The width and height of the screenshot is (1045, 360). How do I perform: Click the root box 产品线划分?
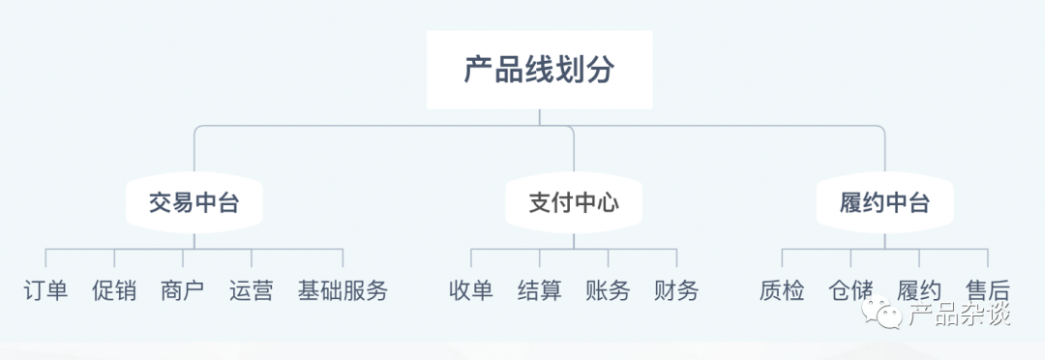pos(539,70)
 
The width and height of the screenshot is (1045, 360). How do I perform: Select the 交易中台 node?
pos(194,203)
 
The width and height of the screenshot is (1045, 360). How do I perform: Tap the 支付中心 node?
pos(574,203)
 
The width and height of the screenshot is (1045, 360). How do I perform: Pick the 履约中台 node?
pos(884,203)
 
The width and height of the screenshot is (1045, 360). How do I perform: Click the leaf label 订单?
pos(45,290)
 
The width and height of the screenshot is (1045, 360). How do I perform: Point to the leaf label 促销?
pos(114,290)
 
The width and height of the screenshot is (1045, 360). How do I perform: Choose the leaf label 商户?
pos(183,290)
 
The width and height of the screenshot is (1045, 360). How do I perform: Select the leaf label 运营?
pos(252,290)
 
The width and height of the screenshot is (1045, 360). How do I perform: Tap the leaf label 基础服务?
pos(343,290)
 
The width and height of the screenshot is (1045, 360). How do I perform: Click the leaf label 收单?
pos(471,290)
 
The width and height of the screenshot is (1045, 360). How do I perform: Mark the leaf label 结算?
pos(540,290)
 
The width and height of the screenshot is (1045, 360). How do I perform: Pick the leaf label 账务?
pos(608,290)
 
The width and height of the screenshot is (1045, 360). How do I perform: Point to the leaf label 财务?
pos(676,290)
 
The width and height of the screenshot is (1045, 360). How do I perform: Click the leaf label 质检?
pos(782,290)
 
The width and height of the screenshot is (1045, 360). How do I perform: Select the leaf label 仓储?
pos(851,290)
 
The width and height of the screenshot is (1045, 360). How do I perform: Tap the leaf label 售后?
pos(988,290)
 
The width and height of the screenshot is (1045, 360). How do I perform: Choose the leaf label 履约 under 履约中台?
pos(919,290)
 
